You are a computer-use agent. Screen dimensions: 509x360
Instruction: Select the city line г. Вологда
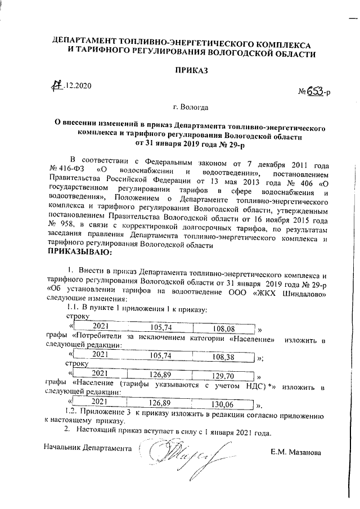(x=191, y=106)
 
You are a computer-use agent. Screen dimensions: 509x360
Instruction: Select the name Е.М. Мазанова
(x=296, y=452)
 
